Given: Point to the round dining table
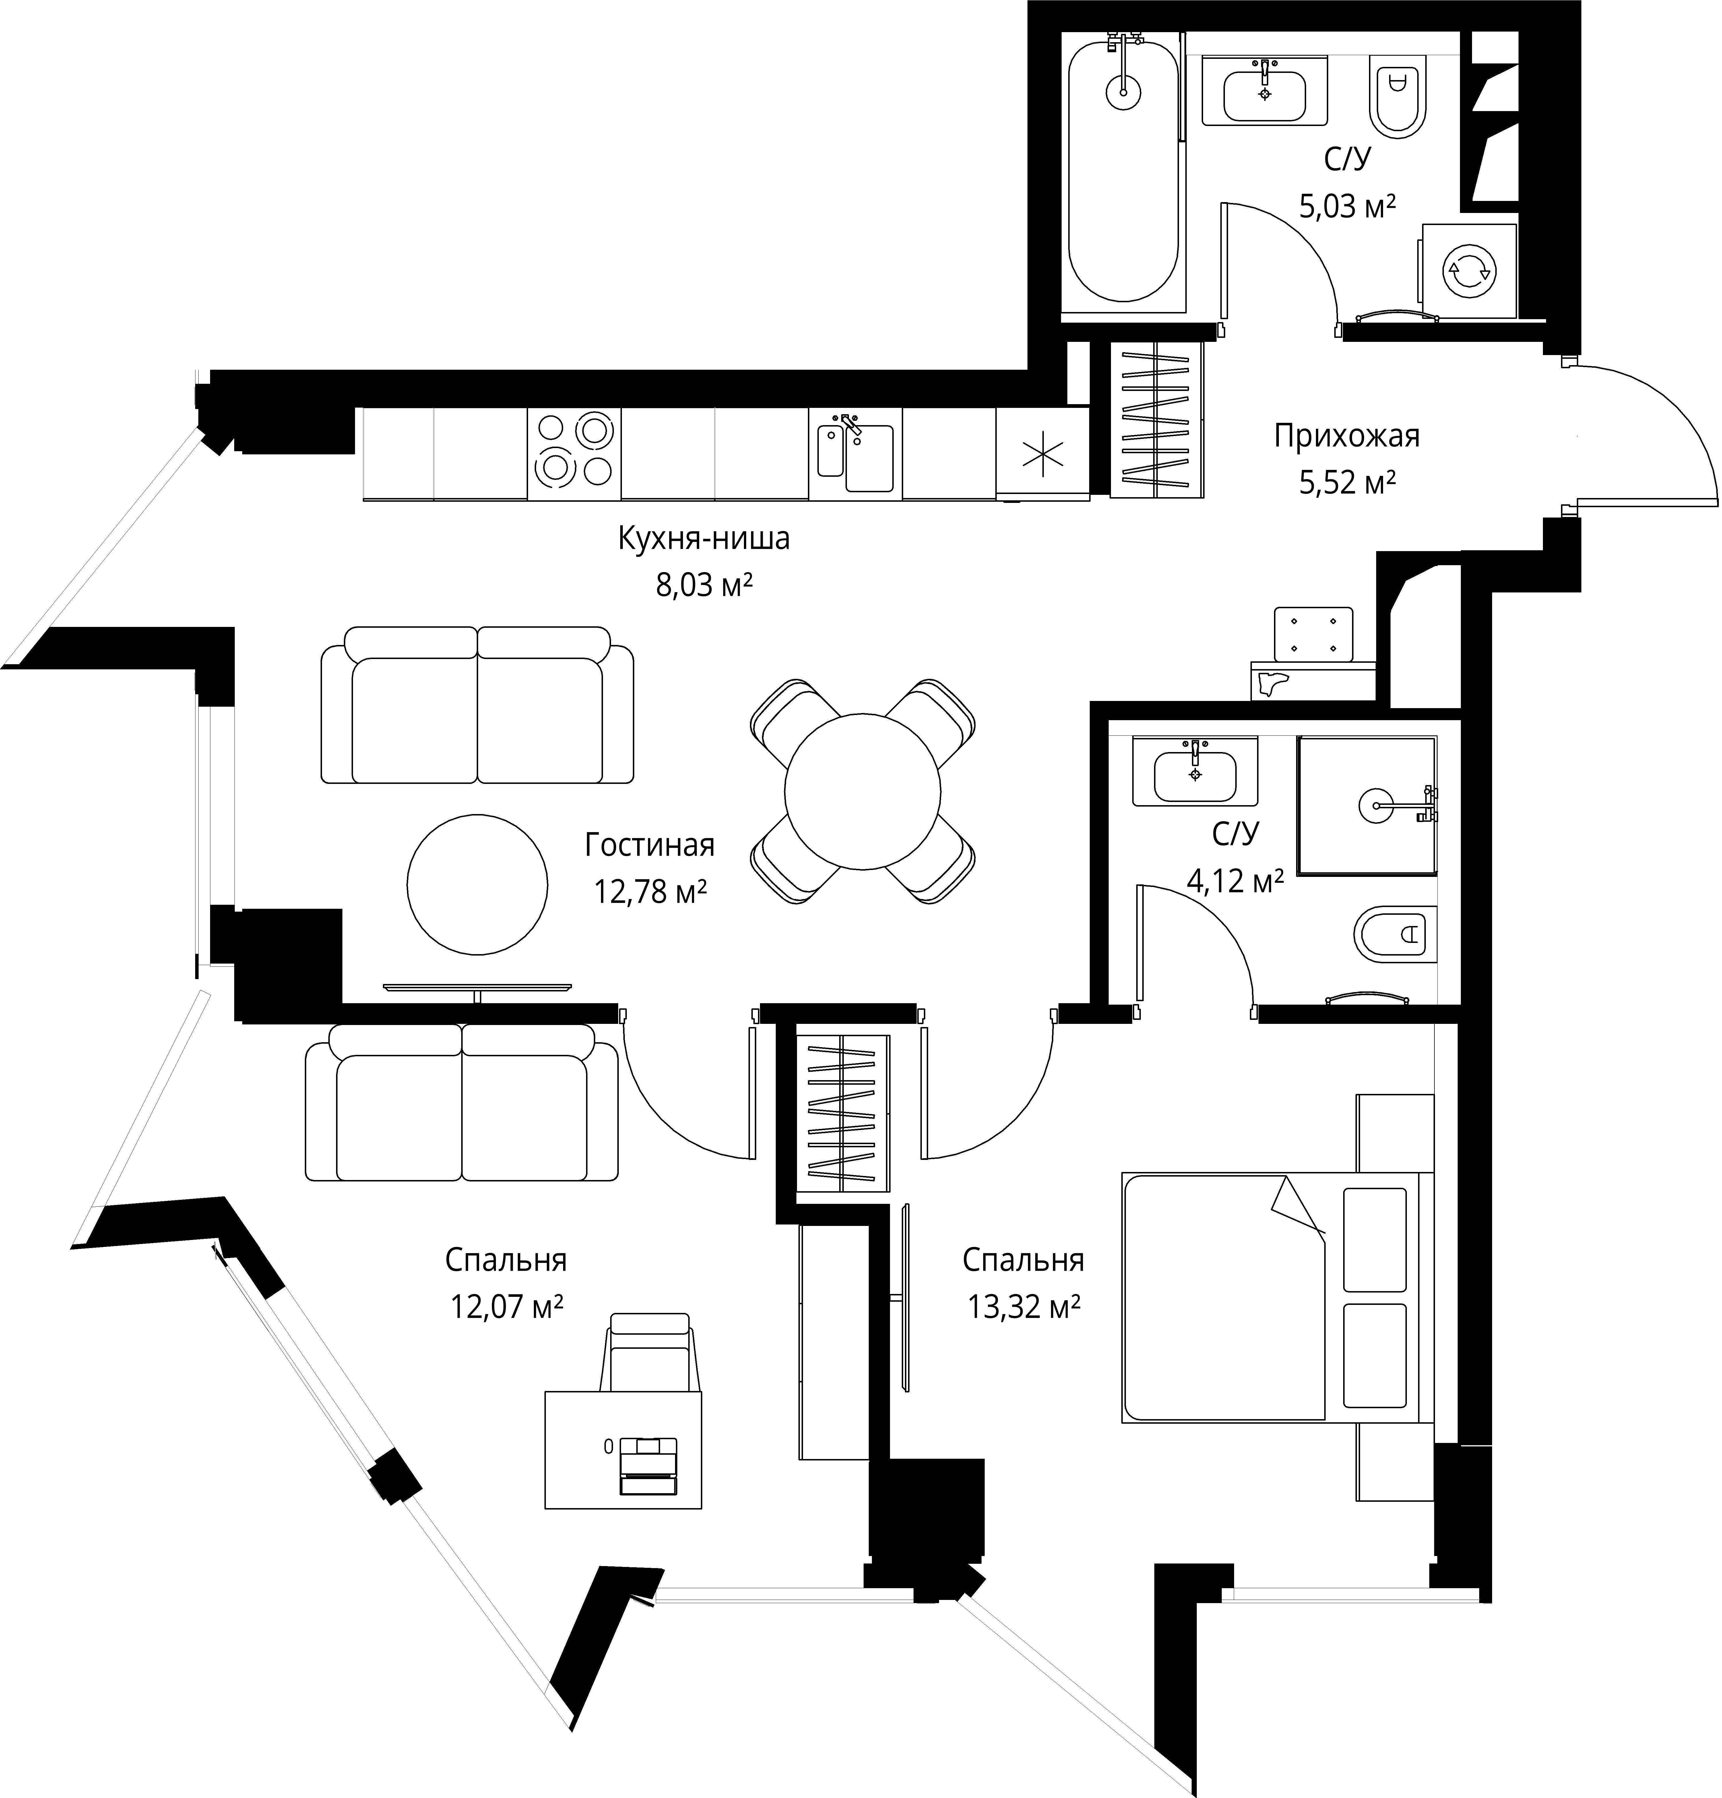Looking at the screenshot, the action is point(862,791).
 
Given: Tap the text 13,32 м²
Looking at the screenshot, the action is point(1023,1305).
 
